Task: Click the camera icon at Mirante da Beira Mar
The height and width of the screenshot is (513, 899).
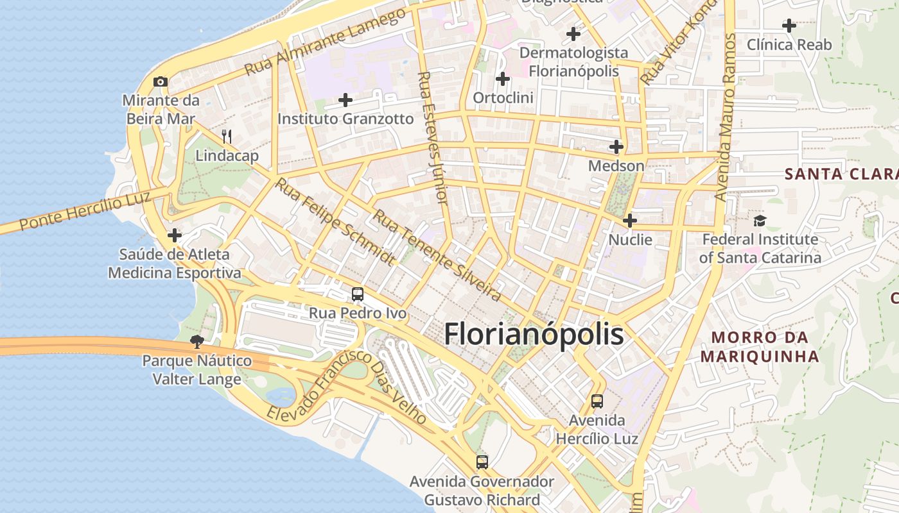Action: click(x=161, y=81)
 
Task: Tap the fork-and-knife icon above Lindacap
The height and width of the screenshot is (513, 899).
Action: click(x=226, y=136)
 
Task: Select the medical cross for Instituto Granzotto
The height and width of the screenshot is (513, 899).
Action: click(x=345, y=100)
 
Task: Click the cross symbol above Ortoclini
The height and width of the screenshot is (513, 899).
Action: click(x=503, y=79)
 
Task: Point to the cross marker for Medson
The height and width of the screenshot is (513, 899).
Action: click(x=616, y=147)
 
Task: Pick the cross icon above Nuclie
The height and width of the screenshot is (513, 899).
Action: click(x=630, y=221)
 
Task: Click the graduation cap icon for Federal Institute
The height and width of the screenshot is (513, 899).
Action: click(x=760, y=221)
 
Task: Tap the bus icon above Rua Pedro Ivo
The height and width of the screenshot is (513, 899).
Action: click(x=358, y=294)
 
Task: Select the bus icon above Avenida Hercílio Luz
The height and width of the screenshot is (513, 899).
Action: click(x=597, y=401)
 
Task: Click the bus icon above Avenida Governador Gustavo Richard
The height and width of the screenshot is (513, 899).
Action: click(x=482, y=462)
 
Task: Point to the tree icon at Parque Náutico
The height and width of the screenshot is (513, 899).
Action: click(x=196, y=342)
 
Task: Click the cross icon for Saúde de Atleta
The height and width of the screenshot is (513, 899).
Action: click(x=175, y=235)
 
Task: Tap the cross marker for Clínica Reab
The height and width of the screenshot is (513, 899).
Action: click(x=789, y=26)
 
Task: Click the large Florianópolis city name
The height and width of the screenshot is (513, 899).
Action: click(x=534, y=334)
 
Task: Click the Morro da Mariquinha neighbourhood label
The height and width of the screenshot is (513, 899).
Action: click(x=760, y=346)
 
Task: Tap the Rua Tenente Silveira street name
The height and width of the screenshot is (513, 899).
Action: click(x=437, y=255)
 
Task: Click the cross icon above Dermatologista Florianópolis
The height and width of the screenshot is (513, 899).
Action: click(x=573, y=33)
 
